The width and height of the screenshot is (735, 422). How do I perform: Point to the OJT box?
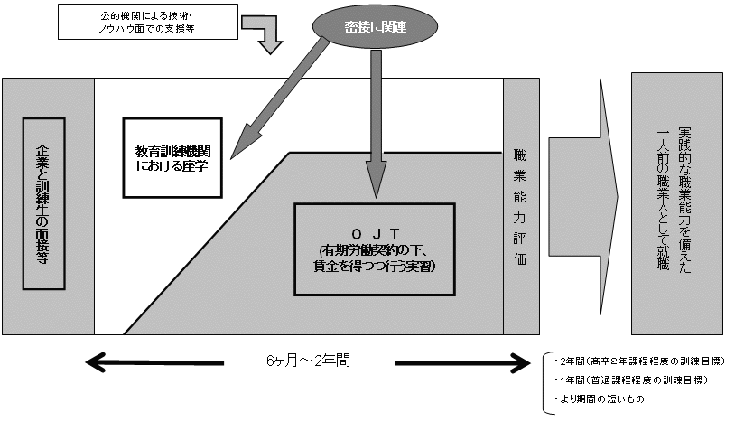click(x=374, y=248)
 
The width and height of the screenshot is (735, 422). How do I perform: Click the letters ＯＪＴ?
click(x=374, y=227)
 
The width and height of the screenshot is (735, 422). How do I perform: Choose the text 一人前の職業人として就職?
click(x=664, y=201)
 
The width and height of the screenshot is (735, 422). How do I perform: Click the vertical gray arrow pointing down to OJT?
click(x=370, y=117)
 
